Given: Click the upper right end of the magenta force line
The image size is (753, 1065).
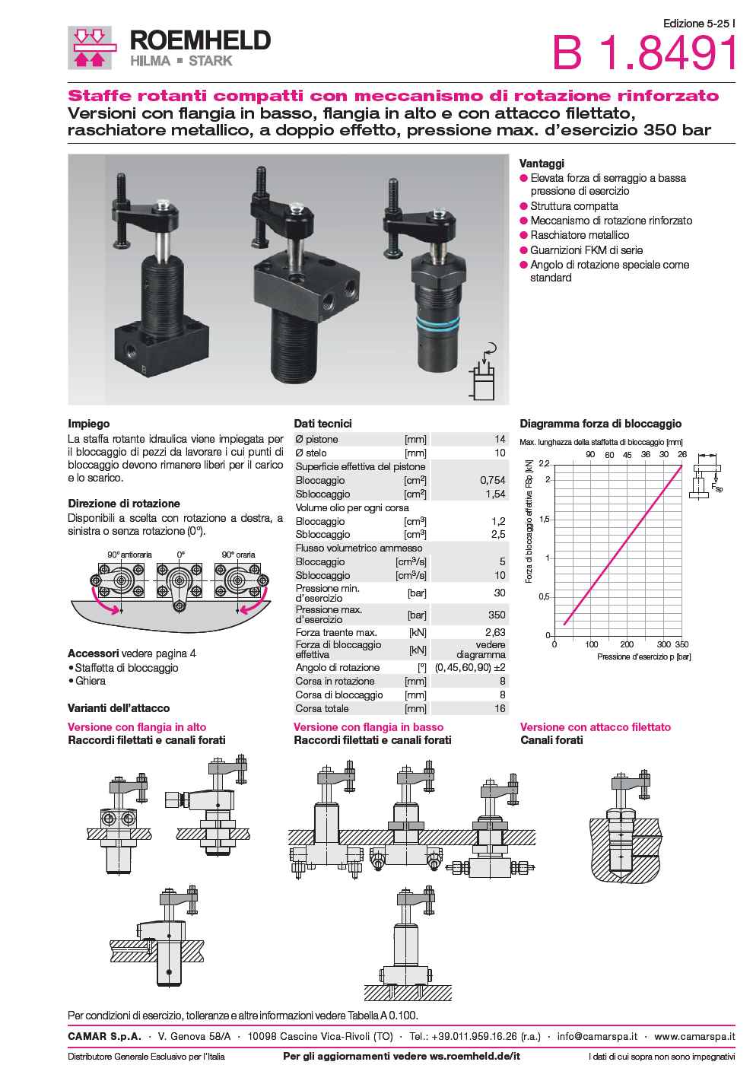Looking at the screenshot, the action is [682, 466].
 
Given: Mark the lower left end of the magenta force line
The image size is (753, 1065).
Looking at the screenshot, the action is [564, 625].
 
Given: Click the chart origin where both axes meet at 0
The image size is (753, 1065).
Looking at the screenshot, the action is [554, 636].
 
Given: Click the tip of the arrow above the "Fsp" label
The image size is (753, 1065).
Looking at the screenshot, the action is [716, 482].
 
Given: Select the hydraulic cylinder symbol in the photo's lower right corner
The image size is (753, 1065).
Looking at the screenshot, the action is [484, 375].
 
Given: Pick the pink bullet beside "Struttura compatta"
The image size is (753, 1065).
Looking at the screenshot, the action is [524, 206].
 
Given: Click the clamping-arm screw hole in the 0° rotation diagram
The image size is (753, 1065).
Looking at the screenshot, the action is [180, 606].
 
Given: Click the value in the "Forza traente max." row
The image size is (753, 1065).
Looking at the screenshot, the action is [495, 632].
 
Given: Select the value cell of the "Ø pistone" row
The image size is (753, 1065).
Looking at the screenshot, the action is [500, 439].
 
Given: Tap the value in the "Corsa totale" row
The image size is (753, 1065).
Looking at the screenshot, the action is [500, 708].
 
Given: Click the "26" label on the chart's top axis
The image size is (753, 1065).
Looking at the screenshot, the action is [682, 454].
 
